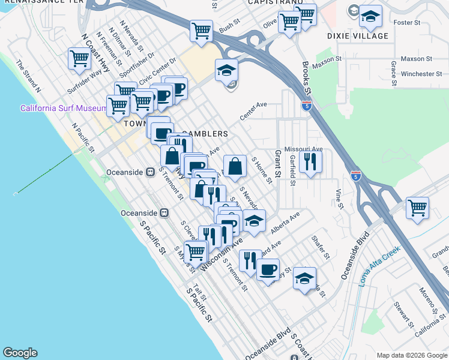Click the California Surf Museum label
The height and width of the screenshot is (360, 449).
pos(64,109)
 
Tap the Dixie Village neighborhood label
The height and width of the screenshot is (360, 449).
pos(358,36)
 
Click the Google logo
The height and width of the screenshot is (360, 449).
pos(20,353)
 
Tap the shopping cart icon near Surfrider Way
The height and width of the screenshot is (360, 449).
pos(80,59)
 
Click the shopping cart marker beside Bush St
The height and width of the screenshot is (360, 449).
pos(201,30)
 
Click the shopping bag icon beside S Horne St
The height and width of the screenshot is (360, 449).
pos(235,166)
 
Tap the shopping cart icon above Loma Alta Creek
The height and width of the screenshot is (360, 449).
pos(417,208)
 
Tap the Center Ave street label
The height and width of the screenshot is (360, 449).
pos(253,110)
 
